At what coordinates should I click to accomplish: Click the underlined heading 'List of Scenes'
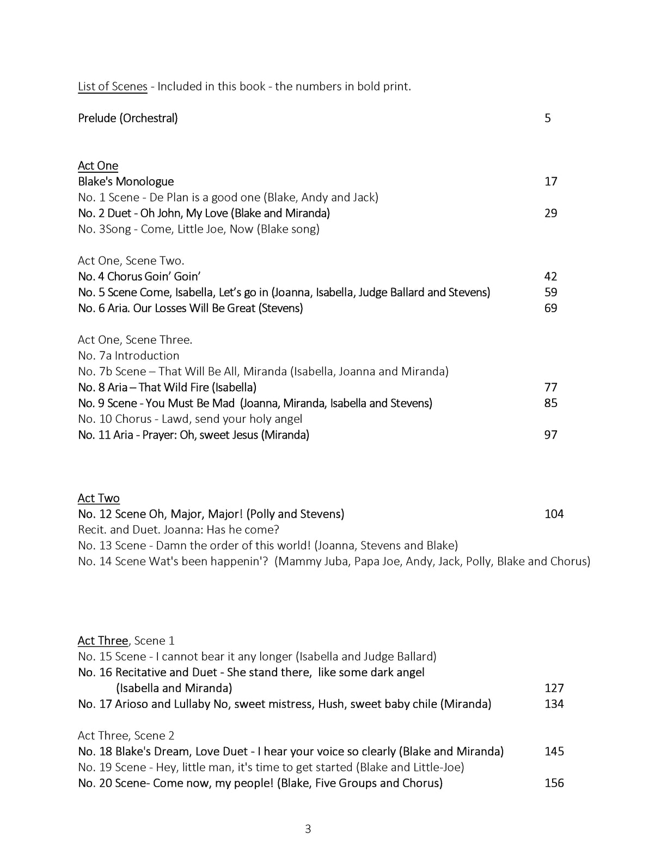(x=112, y=86)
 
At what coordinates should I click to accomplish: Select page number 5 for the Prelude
(x=548, y=118)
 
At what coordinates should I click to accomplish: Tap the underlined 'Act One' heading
(x=98, y=166)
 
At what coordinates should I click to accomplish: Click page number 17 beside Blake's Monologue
(x=550, y=181)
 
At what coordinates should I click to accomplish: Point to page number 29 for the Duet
(x=550, y=213)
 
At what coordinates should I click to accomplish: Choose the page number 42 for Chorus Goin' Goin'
(x=550, y=276)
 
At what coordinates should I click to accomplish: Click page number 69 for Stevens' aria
(x=550, y=308)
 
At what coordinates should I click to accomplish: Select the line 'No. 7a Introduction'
(x=128, y=355)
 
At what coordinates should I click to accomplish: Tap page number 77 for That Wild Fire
(x=550, y=387)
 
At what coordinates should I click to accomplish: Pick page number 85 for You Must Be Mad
(x=550, y=403)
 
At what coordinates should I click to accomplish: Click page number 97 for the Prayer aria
(x=550, y=434)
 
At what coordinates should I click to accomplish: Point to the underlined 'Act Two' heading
(x=99, y=498)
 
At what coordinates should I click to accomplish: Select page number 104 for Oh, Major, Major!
(x=554, y=514)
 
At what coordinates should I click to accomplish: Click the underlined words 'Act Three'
(x=103, y=640)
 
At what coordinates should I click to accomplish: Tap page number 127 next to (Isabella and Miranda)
(x=554, y=688)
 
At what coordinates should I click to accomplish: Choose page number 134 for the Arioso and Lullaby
(x=554, y=703)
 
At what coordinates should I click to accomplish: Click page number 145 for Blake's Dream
(x=554, y=751)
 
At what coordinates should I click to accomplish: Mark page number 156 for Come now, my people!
(x=554, y=783)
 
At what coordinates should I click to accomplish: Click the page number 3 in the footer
(x=308, y=829)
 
